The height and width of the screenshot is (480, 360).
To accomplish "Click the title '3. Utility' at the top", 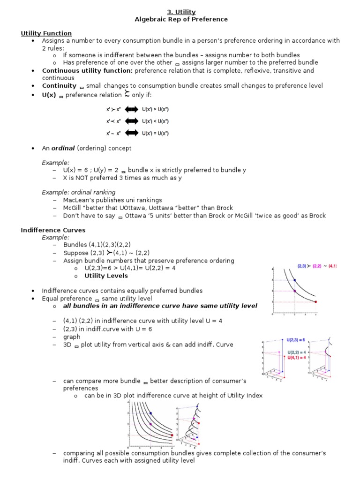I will pos(181,12).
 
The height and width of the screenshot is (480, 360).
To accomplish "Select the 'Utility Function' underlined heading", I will pos(46,33).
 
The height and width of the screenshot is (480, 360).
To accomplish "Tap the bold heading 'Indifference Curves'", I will pos(53,230).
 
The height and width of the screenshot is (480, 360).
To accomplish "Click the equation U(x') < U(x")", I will pos(155,121).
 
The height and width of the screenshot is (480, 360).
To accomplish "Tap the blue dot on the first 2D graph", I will pos(294,280).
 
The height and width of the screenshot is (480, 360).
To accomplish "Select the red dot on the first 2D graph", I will pos(315,302).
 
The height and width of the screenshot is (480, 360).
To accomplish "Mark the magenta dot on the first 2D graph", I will pos(294,291).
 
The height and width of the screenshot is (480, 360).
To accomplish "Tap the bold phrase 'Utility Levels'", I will pos(106,276).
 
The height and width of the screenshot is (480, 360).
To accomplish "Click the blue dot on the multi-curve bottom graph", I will pos(150,413).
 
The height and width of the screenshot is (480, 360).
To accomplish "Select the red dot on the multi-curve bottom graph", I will pos(172,435).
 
